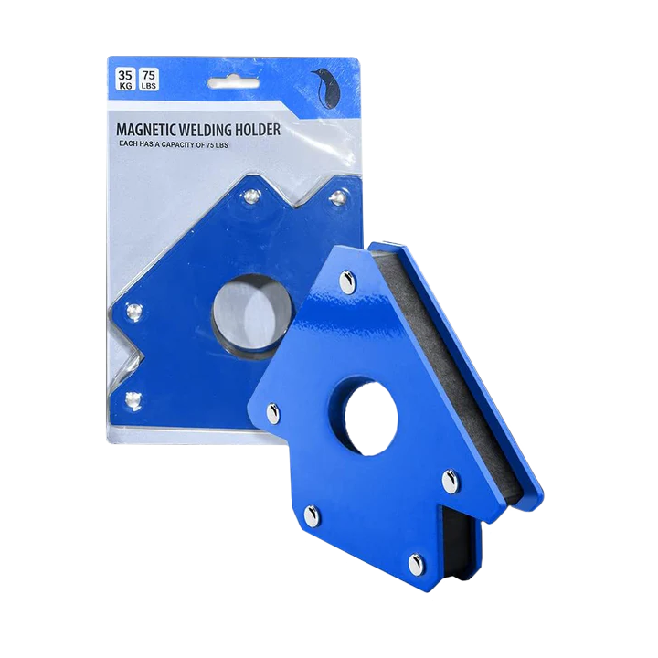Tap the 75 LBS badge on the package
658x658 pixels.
pos(149,80)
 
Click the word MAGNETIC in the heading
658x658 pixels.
pos(146,130)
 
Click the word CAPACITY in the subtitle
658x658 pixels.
pos(183,144)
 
